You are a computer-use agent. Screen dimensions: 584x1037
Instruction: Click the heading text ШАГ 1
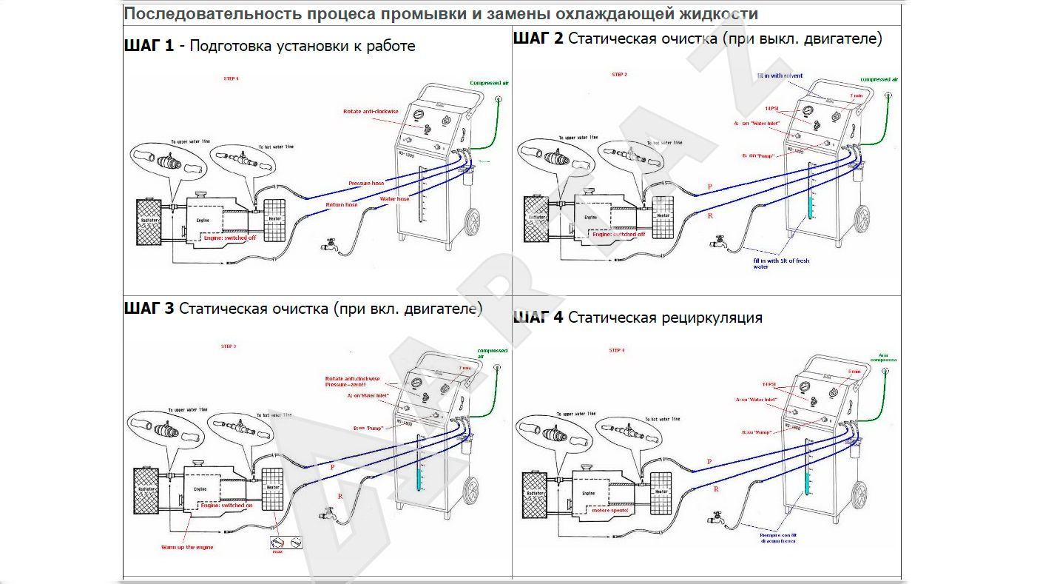[149, 46]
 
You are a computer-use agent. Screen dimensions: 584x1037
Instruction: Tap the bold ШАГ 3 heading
[149, 309]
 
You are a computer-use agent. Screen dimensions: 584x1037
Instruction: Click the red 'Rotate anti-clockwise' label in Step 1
[371, 112]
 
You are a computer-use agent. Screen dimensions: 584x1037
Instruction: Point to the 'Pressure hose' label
[365, 183]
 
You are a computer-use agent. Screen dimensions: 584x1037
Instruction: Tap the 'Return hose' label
[341, 204]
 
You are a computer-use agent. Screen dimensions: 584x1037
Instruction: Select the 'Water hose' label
[393, 199]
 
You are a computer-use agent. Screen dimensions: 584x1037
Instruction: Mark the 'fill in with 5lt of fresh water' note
[781, 264]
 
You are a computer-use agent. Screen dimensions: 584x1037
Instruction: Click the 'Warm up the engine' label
[187, 547]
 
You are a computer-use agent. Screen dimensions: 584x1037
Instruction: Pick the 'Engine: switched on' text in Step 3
[227, 505]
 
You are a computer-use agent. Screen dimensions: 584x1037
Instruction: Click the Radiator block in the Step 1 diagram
[153, 221]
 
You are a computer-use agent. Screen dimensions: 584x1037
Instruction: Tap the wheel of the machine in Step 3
[472, 491]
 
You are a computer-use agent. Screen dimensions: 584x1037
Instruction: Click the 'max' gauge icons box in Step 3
[286, 544]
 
